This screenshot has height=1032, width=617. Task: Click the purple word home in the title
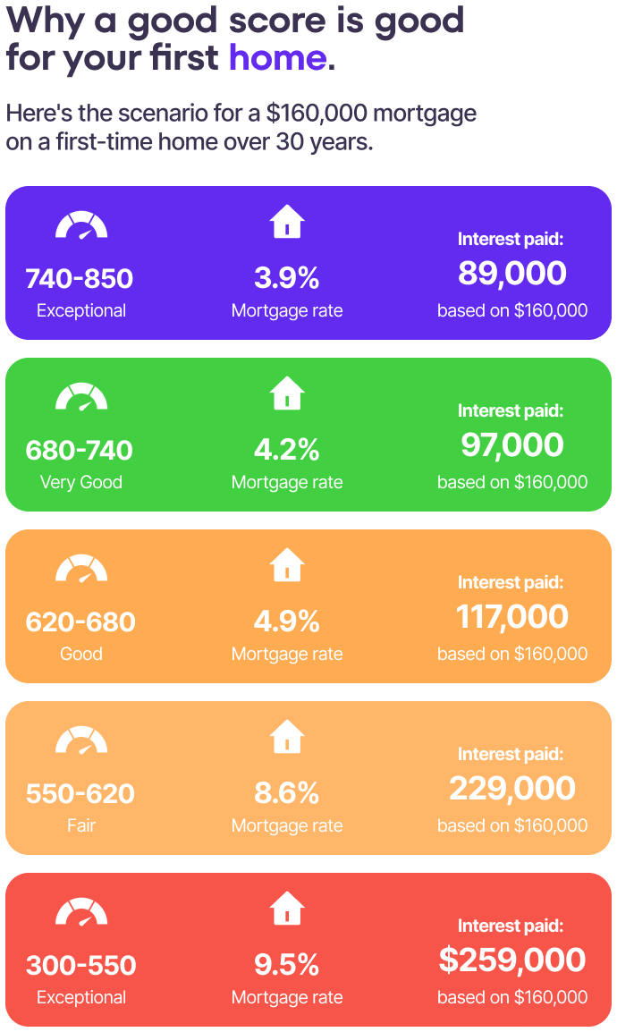point(277,57)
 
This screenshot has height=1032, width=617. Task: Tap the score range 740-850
point(80,278)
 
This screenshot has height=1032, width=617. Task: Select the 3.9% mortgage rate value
point(286,278)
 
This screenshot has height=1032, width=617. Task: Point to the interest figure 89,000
point(511,273)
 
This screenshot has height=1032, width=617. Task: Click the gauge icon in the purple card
point(81,224)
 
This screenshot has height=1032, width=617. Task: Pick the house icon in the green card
point(287,393)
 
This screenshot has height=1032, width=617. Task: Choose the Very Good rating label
point(80,482)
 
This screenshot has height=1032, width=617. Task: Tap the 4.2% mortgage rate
point(286,450)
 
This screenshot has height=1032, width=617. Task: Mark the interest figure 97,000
point(511,444)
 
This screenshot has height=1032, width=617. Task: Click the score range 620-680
point(80,622)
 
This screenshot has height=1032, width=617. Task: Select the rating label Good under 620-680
point(80,654)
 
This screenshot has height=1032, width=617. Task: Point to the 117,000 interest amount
point(511,616)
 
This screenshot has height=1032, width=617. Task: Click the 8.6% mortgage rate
point(286,793)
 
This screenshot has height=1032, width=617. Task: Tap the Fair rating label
point(80,825)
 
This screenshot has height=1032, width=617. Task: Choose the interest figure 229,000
point(511,788)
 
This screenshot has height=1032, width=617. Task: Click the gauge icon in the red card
point(81,911)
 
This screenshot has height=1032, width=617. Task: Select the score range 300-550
point(80,965)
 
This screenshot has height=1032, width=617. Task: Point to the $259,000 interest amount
point(511,960)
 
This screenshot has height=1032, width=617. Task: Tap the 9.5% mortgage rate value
point(286,965)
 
